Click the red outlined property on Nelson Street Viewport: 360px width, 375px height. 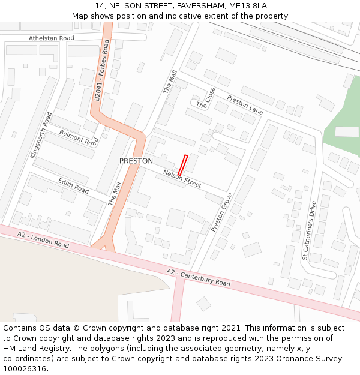pos(183,165)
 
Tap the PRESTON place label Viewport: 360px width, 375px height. pos(136,161)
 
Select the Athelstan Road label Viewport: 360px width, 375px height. pos(52,38)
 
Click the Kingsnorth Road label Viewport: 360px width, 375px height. pos(41,136)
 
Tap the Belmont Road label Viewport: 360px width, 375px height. pos(78,138)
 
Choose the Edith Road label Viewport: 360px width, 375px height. pos(74,187)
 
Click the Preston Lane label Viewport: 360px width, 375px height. pos(245,104)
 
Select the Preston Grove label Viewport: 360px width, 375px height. pos(221,212)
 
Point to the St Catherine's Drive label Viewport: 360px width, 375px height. pos(309,230)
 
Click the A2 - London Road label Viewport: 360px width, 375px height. pos(43,239)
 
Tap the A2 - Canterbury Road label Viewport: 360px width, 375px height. pos(198,278)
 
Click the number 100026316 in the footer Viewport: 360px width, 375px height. pos(24,368)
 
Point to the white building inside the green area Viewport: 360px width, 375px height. pos(346,131)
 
